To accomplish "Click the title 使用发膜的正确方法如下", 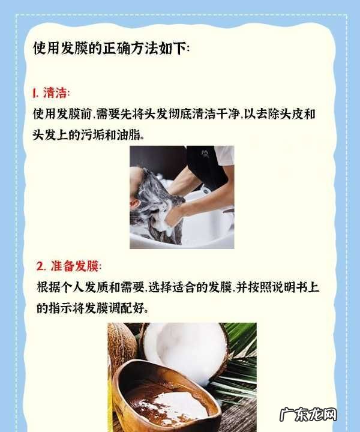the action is coord(110,49).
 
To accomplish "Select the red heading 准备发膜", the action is coord(74,266).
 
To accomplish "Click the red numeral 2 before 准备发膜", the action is coord(40,266).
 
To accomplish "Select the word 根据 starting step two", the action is coord(49,287).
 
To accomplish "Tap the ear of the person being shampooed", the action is coord(135,204).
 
